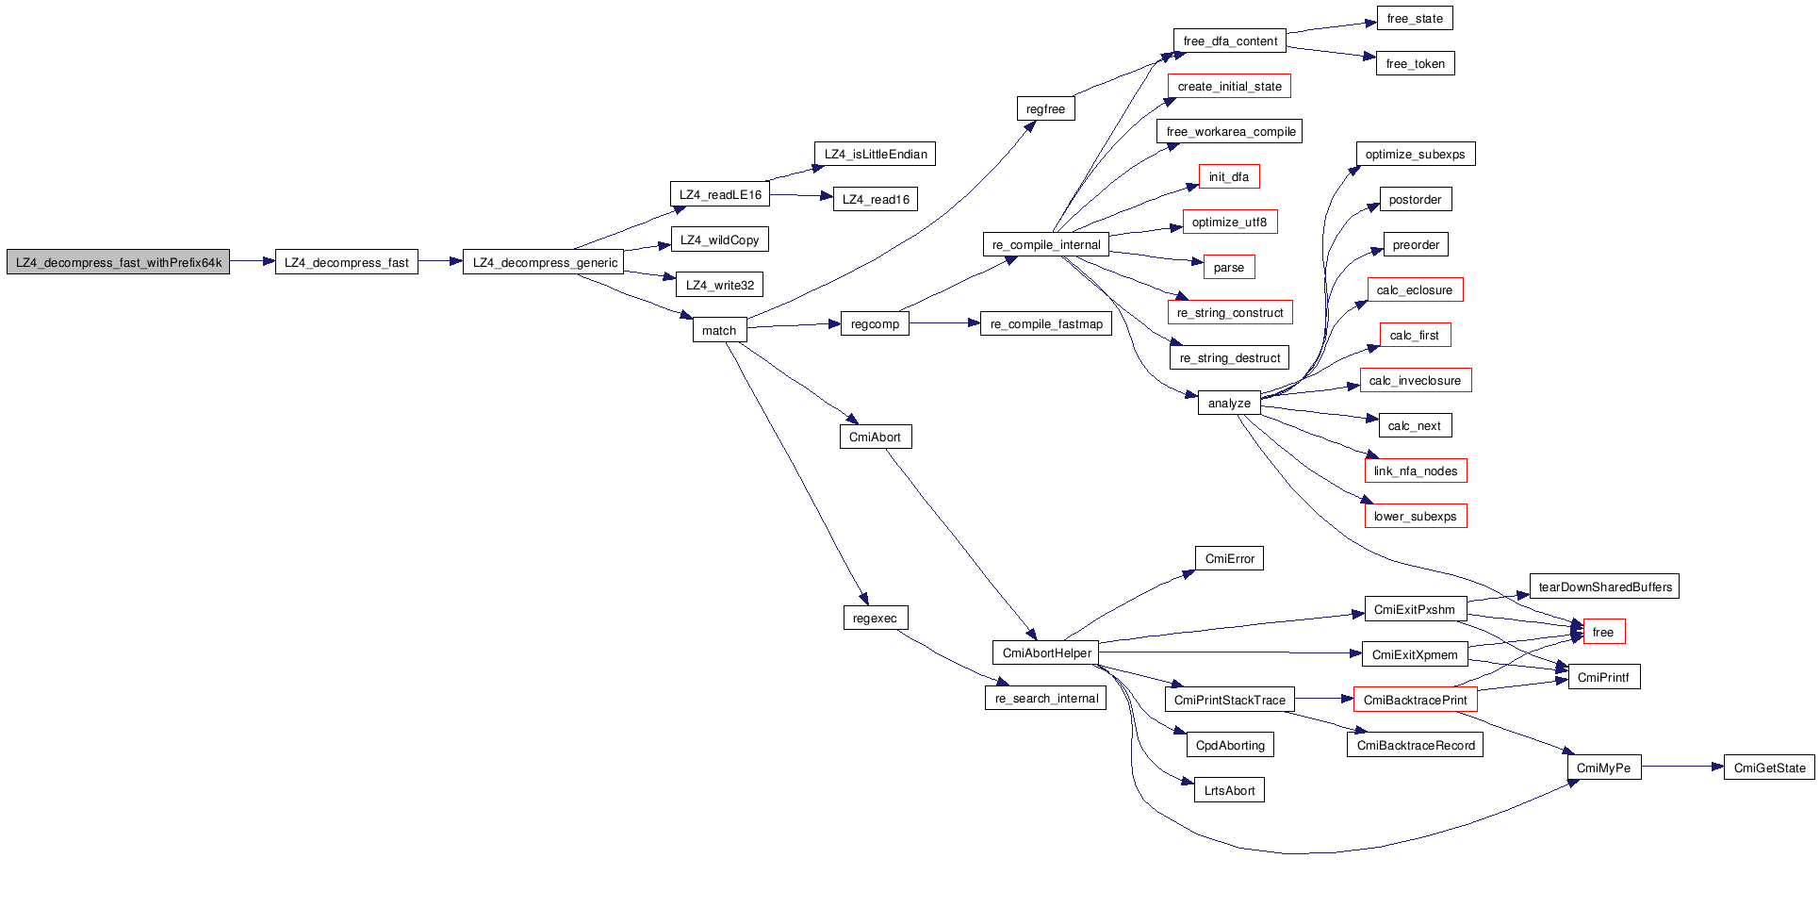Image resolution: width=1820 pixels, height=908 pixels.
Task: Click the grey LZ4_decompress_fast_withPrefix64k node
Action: (x=118, y=262)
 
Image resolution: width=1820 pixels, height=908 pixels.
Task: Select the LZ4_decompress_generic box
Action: (x=545, y=262)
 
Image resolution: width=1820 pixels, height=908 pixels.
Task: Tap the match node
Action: (x=719, y=330)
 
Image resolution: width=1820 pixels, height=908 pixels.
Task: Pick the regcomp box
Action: (x=875, y=323)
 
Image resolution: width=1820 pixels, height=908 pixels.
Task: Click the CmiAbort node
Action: (x=875, y=437)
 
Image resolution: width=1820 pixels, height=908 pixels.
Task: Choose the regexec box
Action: (x=875, y=618)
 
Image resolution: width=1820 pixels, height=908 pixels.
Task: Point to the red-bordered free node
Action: (x=1603, y=632)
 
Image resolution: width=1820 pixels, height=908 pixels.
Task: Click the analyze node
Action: (x=1229, y=403)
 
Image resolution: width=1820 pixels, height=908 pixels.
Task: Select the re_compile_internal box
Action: (x=1046, y=244)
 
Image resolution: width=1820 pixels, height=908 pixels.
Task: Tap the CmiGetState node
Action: (x=1769, y=768)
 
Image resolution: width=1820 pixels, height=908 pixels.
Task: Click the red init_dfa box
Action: (x=1229, y=176)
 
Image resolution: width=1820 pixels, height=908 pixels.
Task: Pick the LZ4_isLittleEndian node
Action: (x=875, y=154)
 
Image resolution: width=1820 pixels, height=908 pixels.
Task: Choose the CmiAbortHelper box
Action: (x=1046, y=652)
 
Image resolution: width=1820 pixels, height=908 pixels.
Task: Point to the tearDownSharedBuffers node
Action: (x=1604, y=586)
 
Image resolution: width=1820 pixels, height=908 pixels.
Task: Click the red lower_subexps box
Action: (x=1415, y=516)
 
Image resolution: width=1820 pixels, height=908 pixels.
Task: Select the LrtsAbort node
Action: (x=1229, y=790)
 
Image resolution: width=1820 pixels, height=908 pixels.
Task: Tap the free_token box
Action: (x=1415, y=63)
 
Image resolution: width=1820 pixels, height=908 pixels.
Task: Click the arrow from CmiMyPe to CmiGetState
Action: (x=1682, y=768)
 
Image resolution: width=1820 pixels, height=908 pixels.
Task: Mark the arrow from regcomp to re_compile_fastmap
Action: (x=944, y=323)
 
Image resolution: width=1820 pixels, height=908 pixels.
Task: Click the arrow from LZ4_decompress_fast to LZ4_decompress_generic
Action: (x=440, y=262)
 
